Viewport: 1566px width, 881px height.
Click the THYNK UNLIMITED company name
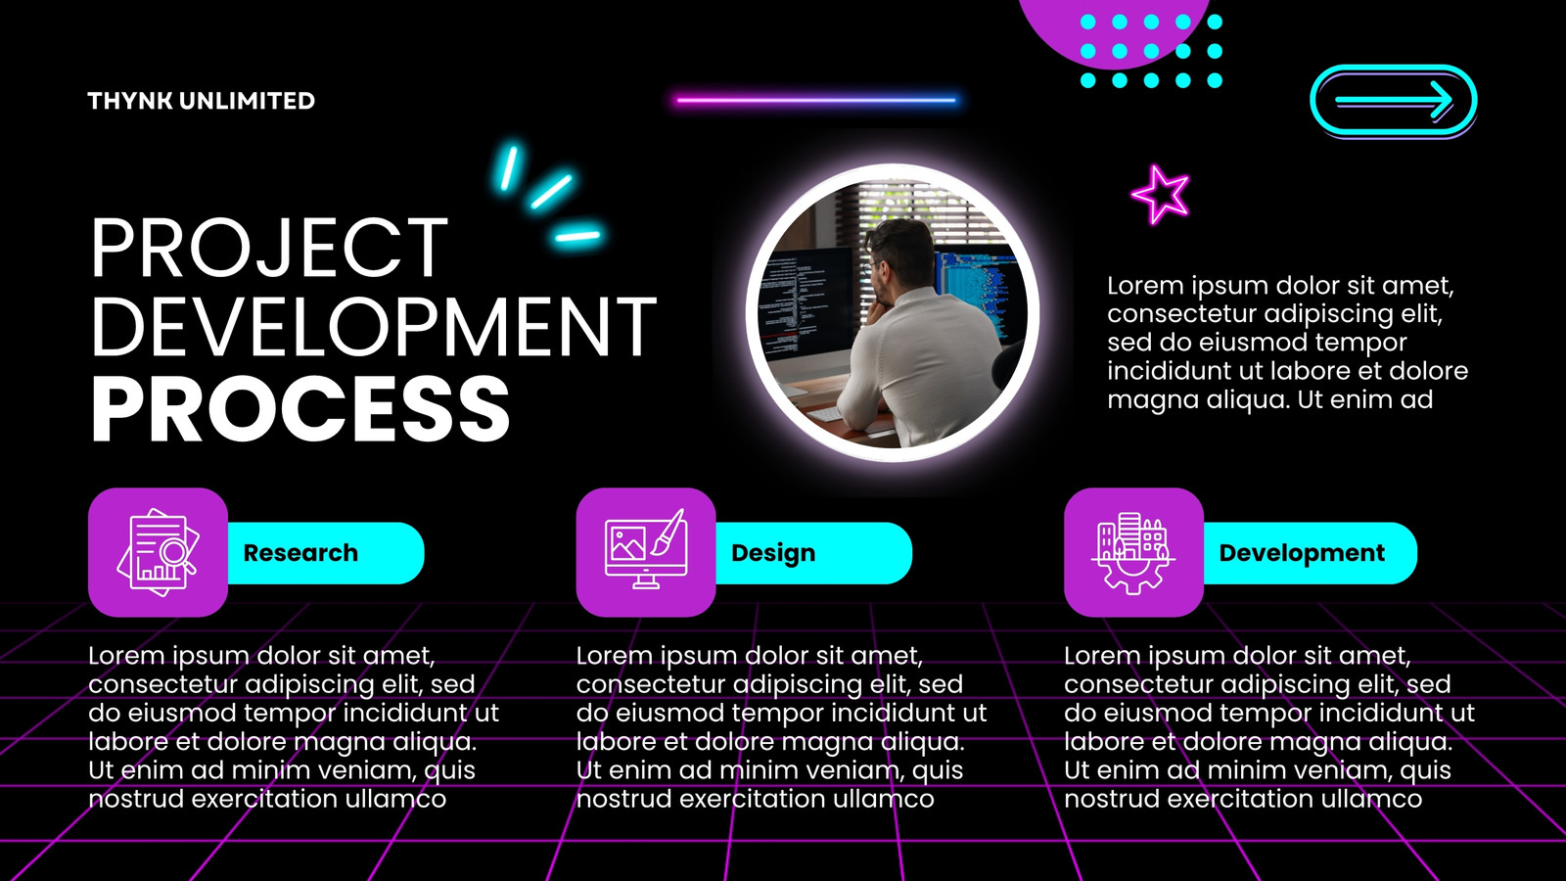pyautogui.click(x=202, y=101)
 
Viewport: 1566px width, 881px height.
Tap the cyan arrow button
pyautogui.click(x=1394, y=100)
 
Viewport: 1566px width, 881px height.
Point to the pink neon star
pyautogui.click(x=1161, y=195)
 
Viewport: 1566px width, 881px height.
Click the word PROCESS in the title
pyautogui.click(x=300, y=408)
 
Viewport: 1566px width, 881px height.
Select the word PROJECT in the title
pyautogui.click(x=269, y=249)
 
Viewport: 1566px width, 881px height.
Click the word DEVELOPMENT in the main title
pyautogui.click(x=374, y=327)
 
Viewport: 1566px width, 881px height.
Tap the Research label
pyautogui.click(x=300, y=553)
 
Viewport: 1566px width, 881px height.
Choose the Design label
pyautogui.click(x=773, y=553)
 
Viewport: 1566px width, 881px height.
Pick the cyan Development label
pyautogui.click(x=1302, y=553)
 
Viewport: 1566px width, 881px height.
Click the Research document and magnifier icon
pyautogui.click(x=158, y=552)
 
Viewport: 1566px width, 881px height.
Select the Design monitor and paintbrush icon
pyautogui.click(x=645, y=549)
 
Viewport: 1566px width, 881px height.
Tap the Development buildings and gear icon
pyautogui.click(x=1133, y=553)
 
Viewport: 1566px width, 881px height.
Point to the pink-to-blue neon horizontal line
pyautogui.click(x=816, y=101)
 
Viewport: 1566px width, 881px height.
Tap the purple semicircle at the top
pyautogui.click(x=1113, y=28)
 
